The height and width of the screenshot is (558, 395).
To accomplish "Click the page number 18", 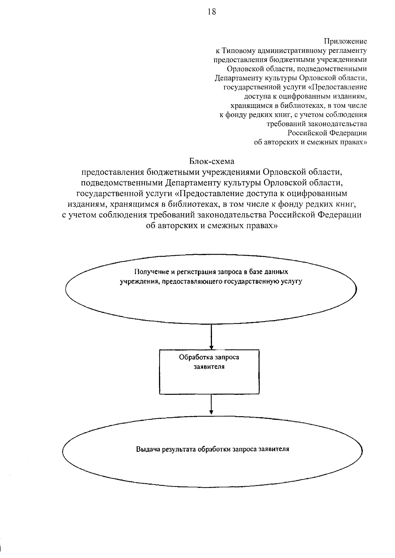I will [212, 12].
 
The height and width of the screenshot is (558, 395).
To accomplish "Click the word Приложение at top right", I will [346, 41].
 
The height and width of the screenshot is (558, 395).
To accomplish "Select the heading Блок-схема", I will [212, 161].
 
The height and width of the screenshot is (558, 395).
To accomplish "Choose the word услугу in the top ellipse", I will [292, 282].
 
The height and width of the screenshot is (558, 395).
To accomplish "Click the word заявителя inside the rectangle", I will [209, 367].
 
